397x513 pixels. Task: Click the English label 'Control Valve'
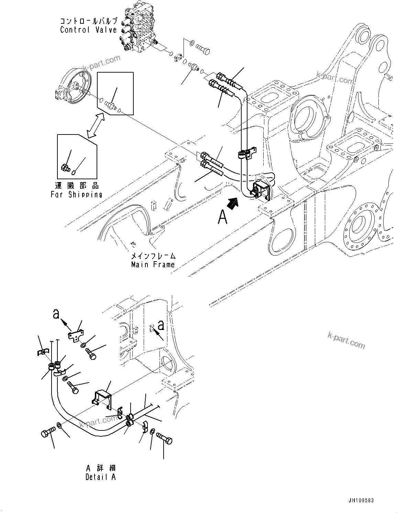point(88,30)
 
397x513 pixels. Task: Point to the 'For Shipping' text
point(76,195)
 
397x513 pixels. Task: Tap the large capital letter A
point(223,217)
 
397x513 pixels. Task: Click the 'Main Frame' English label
point(153,265)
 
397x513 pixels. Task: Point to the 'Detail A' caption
point(100,477)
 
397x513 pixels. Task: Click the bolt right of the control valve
point(203,49)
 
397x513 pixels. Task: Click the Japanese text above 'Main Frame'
point(153,256)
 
